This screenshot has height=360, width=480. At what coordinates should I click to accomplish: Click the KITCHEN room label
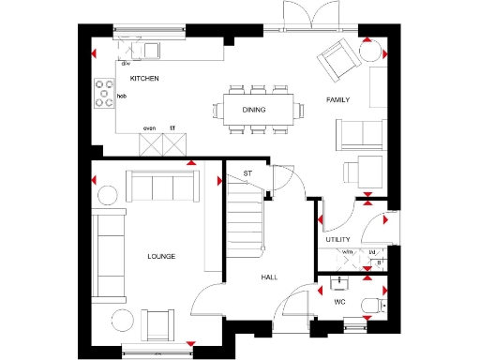(x=143, y=80)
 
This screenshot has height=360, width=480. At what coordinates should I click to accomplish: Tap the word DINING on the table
(x=254, y=110)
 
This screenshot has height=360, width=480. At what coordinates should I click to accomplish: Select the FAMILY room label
(x=339, y=98)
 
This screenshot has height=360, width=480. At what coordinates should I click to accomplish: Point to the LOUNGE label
(x=161, y=256)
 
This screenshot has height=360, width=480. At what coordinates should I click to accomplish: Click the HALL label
(x=270, y=277)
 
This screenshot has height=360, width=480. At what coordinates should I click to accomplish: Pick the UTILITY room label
(x=337, y=240)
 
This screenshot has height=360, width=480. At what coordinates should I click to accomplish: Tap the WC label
(x=340, y=303)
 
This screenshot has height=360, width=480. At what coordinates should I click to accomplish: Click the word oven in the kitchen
(x=149, y=127)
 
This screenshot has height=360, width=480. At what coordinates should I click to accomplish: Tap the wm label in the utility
(x=346, y=252)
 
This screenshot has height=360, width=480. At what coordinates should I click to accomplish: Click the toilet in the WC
(x=377, y=303)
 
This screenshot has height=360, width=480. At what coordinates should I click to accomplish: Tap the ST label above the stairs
(x=248, y=173)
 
